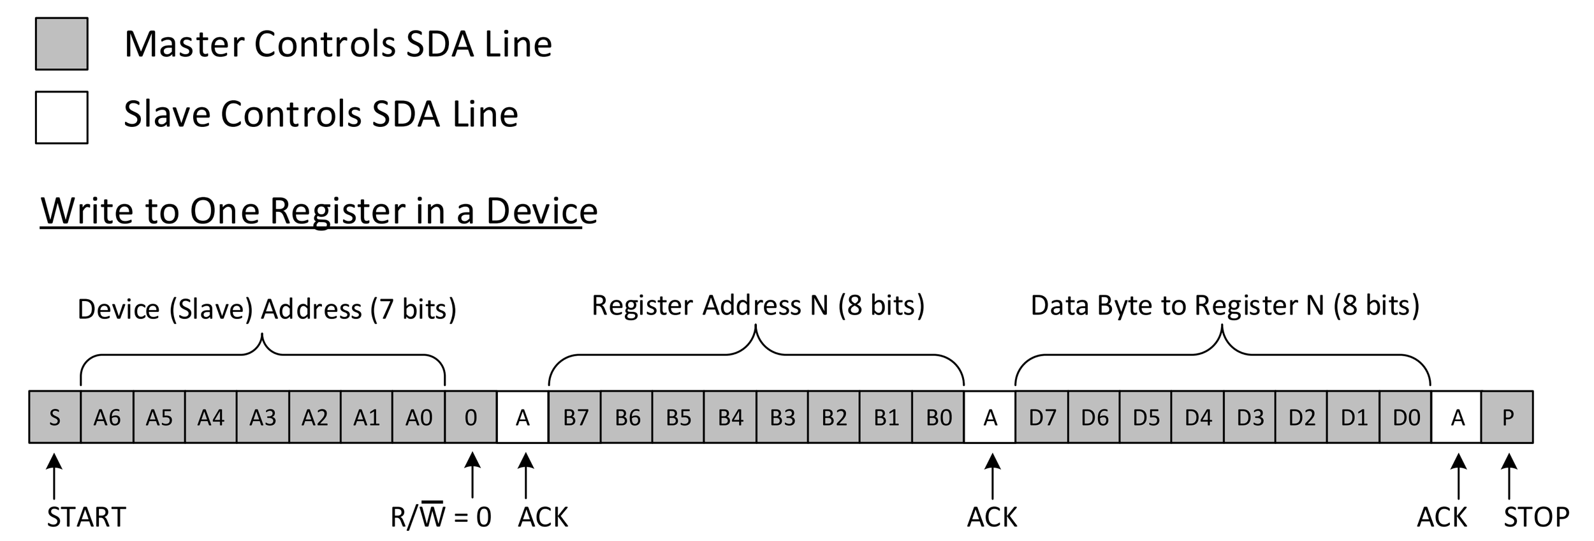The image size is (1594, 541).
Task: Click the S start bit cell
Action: click(55, 417)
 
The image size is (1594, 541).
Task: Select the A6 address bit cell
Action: click(107, 417)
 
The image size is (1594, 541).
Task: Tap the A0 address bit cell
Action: click(419, 417)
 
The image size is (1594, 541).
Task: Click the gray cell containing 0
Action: click(471, 417)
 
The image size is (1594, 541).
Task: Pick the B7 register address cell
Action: click(575, 417)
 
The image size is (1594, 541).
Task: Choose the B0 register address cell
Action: click(939, 417)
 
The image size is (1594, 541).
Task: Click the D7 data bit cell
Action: click(1042, 417)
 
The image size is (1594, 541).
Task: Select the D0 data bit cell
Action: click(1406, 417)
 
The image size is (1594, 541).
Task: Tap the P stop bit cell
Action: click(1508, 417)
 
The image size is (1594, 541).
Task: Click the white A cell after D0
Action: click(1458, 417)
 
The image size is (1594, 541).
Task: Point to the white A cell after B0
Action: click(990, 417)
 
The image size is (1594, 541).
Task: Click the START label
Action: click(87, 517)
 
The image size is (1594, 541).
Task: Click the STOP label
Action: click(1537, 517)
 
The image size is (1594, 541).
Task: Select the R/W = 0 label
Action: click(441, 517)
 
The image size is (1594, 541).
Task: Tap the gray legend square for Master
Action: click(62, 44)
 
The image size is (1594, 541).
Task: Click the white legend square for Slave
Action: click(62, 117)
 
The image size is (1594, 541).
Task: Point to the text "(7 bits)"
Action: click(414, 309)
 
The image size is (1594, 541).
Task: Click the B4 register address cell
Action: click(731, 417)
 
